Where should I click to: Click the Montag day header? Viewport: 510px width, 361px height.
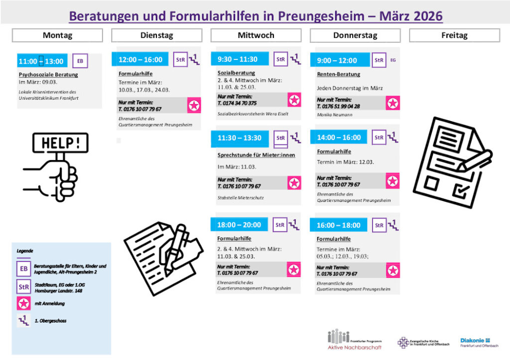[57, 35]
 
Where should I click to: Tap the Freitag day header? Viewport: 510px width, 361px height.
[454, 35]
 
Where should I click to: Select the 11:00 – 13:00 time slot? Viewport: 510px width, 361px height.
[41, 61]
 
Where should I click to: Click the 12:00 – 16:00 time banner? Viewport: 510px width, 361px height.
[140, 59]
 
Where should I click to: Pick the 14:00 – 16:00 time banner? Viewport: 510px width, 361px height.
[339, 138]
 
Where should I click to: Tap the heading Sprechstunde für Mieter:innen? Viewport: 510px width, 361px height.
[256, 155]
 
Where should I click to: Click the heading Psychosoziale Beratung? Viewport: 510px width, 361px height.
[48, 75]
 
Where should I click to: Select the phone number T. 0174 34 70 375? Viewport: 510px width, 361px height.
[237, 103]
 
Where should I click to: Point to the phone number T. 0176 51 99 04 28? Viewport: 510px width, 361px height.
[338, 106]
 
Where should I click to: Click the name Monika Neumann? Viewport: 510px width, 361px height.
[334, 115]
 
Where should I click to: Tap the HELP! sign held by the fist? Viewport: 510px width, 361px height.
[60, 143]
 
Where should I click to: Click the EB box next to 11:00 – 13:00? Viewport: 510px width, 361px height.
[80, 61]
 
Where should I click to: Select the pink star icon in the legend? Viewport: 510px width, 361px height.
[24, 304]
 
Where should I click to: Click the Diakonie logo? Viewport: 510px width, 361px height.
[479, 342]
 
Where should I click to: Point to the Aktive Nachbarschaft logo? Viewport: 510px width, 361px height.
[354, 340]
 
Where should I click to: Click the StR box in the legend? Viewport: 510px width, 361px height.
[24, 287]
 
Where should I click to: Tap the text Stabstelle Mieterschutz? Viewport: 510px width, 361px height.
[241, 198]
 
